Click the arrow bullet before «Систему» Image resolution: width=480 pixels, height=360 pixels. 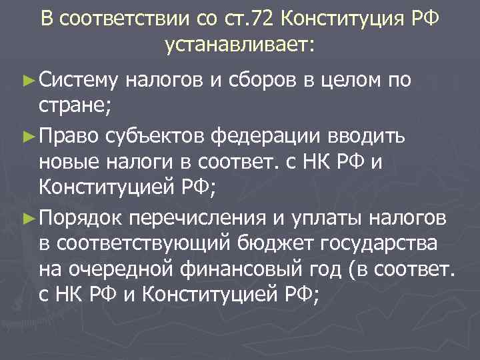(26, 81)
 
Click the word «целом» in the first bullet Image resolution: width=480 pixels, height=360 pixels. (352, 81)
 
